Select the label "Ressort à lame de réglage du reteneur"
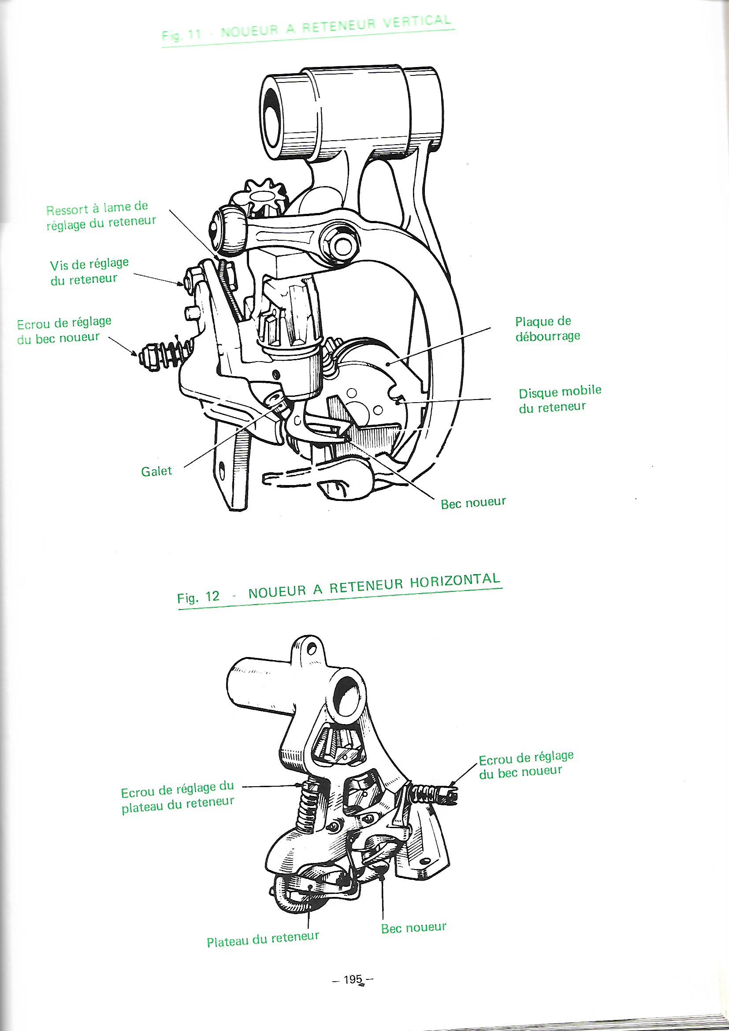[x=101, y=216]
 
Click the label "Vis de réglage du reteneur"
[x=89, y=271]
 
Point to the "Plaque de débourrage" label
[x=547, y=328]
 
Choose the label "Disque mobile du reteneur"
[x=559, y=399]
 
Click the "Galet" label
[x=156, y=471]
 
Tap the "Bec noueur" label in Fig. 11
[x=473, y=502]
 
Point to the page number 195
[x=353, y=979]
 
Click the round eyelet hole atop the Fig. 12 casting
[x=312, y=648]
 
